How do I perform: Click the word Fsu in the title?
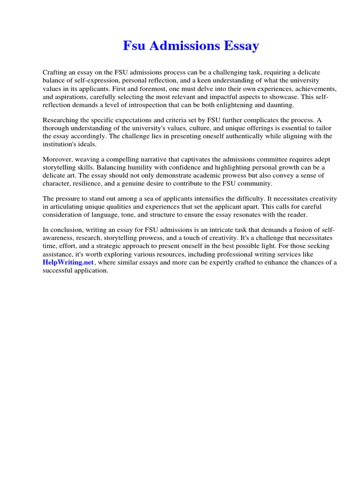point(133,46)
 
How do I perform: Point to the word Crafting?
point(55,73)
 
